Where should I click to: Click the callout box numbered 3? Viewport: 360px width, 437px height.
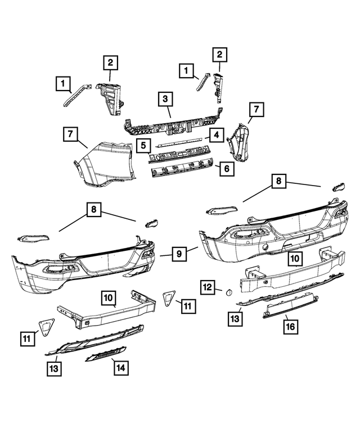point(165,100)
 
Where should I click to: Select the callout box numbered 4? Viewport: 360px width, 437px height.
point(215,135)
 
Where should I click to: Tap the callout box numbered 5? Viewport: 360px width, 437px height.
point(144,146)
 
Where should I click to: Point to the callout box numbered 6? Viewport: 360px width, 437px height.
point(226,168)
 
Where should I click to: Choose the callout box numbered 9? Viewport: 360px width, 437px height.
point(179,254)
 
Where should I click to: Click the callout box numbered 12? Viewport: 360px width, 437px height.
point(208,287)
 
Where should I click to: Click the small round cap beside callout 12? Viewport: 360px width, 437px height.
point(228,291)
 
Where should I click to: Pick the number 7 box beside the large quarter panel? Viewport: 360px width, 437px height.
point(70,134)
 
